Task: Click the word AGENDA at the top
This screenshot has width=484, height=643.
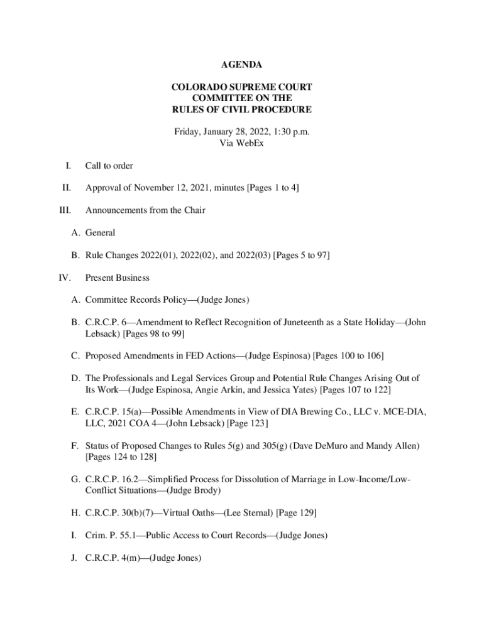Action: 241,65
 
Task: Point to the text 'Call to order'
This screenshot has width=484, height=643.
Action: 109,166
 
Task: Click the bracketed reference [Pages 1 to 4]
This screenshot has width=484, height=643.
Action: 272,188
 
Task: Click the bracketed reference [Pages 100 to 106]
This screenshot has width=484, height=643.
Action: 348,356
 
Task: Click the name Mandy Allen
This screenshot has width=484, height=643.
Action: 392,446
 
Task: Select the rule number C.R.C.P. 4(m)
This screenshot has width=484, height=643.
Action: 111,558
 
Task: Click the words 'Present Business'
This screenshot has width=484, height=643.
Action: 118,277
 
